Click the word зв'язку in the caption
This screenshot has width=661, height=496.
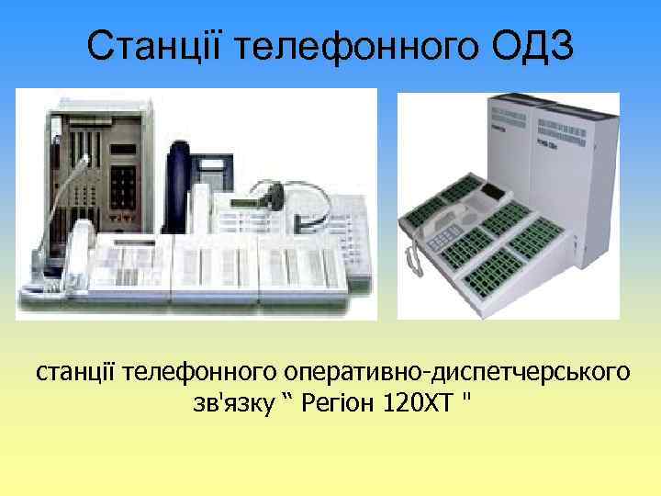point(229,404)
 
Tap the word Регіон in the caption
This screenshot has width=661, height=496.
point(330,404)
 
